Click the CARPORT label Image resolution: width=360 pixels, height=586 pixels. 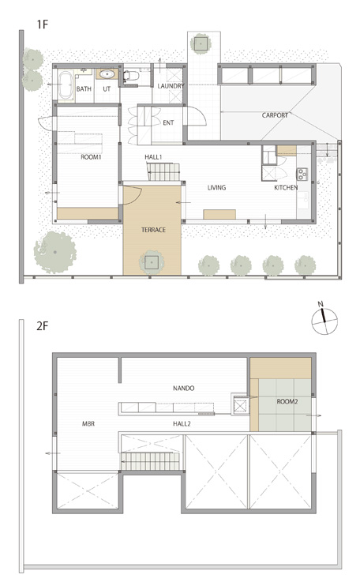[275, 115]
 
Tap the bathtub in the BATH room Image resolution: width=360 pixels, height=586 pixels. [66, 85]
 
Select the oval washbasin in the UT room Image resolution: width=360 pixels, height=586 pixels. [107, 74]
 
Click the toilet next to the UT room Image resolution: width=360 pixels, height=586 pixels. [131, 76]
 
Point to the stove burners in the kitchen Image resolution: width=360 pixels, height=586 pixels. [302, 173]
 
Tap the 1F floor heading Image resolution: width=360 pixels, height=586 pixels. [43, 24]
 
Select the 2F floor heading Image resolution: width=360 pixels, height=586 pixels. [43, 326]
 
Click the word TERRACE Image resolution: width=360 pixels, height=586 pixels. [153, 230]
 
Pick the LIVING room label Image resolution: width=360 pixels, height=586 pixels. [216, 187]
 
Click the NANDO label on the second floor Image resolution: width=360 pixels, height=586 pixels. [183, 389]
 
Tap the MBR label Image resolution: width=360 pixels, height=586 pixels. [88, 424]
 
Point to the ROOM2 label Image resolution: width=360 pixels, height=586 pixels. [287, 402]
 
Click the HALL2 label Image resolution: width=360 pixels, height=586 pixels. [182, 424]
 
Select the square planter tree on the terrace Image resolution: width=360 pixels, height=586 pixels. [152, 262]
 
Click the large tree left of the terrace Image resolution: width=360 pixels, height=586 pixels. [55, 252]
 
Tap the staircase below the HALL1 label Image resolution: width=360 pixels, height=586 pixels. [164, 172]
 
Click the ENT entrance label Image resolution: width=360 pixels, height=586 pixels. [168, 122]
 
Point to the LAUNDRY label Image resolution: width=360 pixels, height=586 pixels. [171, 86]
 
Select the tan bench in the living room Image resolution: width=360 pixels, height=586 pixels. [219, 214]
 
